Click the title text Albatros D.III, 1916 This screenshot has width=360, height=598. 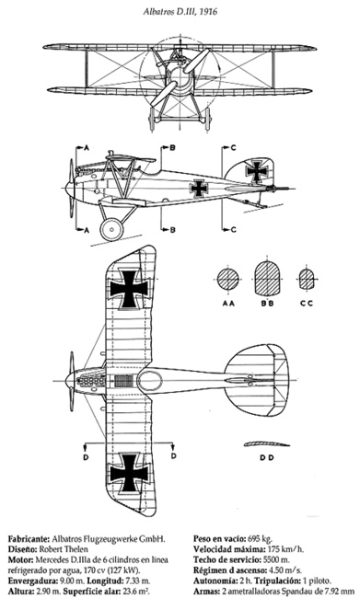180,11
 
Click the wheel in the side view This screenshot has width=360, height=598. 111,229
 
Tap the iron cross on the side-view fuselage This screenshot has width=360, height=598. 199,189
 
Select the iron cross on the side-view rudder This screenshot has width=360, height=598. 257,172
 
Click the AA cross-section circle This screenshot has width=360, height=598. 228,280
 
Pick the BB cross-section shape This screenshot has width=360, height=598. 267,279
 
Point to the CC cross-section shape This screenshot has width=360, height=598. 307,279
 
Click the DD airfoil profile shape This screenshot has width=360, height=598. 266,443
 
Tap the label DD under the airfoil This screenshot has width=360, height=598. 267,457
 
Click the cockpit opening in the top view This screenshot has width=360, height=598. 150,381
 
